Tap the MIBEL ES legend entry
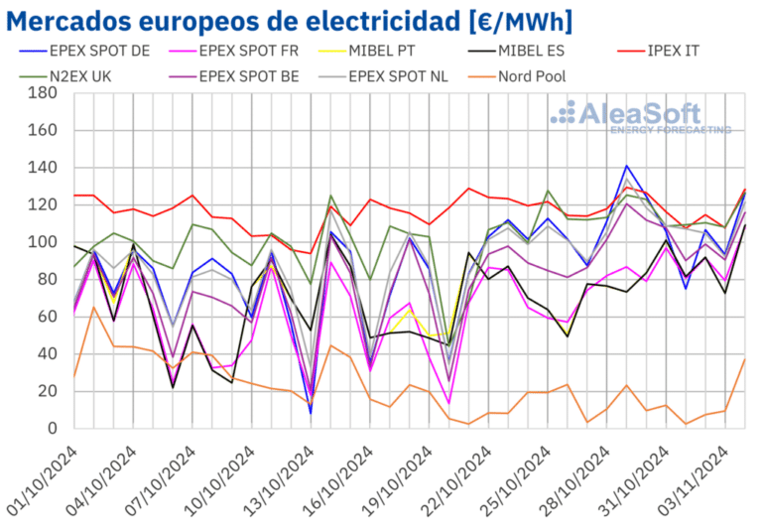click(x=530, y=51)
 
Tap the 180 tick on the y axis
click(x=41, y=93)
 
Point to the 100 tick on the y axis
click(x=41, y=242)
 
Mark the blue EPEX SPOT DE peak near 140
click(x=626, y=166)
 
